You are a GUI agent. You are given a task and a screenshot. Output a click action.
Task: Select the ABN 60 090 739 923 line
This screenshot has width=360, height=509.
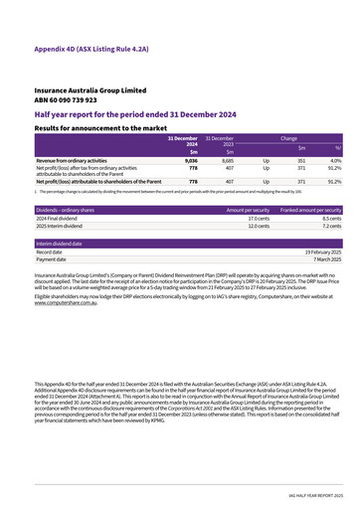pos(69,99)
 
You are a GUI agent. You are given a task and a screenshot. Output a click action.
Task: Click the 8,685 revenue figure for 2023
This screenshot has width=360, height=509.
pos(227,160)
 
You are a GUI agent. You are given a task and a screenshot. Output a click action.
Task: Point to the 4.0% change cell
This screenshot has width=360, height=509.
pos(335,160)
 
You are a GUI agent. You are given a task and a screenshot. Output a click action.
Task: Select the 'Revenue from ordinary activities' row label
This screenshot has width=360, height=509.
pos(72,160)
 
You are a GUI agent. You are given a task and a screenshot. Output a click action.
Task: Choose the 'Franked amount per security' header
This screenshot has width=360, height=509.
pos(310,211)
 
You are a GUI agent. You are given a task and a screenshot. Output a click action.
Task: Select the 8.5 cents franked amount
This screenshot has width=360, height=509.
pos(330,219)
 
